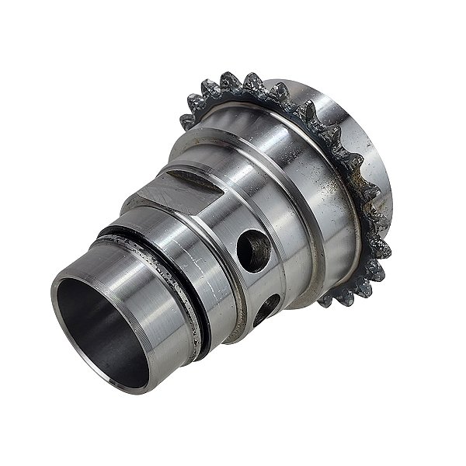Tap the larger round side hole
tap(254, 251)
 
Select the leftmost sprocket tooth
tap(187, 121)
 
